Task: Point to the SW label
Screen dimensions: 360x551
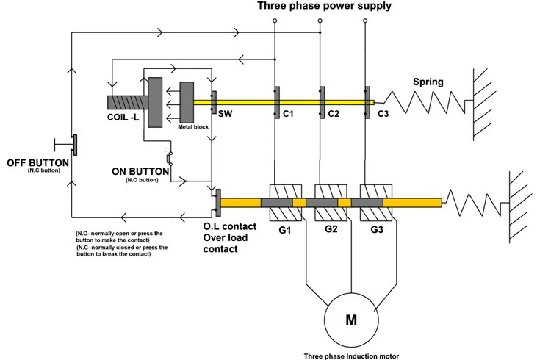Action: coord(225,114)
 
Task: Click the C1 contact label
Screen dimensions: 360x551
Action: coord(288,115)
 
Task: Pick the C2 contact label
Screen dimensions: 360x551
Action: coord(333,115)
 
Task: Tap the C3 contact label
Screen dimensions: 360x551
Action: coord(383,115)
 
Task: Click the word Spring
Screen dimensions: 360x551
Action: coord(428,82)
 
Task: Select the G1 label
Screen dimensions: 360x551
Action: coord(284,230)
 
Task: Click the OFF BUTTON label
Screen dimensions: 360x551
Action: coord(37,162)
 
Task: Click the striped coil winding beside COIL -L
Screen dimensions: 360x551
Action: coord(127,101)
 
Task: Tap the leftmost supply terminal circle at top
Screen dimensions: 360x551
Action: coord(274,22)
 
